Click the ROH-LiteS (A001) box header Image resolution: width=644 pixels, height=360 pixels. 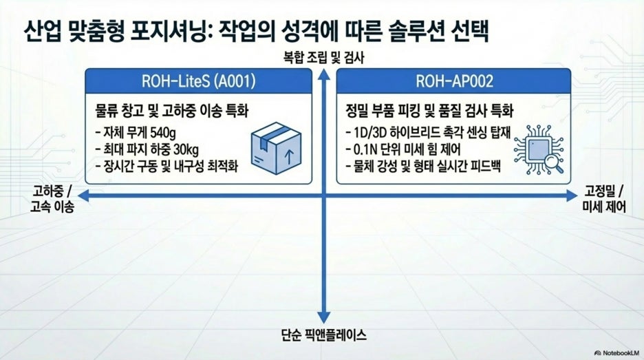(198, 81)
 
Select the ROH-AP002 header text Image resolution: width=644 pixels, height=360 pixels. (454, 81)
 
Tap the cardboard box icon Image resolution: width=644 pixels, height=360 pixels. (276, 148)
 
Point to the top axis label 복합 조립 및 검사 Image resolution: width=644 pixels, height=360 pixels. (323, 58)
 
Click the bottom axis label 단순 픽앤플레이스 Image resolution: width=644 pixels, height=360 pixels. (323, 335)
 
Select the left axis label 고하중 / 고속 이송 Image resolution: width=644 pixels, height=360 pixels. (52, 199)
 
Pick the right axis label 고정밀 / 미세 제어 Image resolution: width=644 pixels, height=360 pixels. (604, 199)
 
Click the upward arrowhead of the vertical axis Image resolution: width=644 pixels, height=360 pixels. (323, 74)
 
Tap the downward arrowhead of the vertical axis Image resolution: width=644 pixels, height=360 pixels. (323, 317)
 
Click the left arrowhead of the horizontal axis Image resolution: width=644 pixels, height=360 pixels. (83, 195)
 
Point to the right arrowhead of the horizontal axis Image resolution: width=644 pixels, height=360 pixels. (572, 195)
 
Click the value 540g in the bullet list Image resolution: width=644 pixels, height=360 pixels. (163, 133)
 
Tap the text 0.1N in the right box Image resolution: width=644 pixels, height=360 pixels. (363, 149)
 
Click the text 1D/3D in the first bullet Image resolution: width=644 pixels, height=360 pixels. (372, 132)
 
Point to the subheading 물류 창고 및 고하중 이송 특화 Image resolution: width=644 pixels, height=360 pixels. (172, 111)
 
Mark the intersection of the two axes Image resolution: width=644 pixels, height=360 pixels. (323, 195)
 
